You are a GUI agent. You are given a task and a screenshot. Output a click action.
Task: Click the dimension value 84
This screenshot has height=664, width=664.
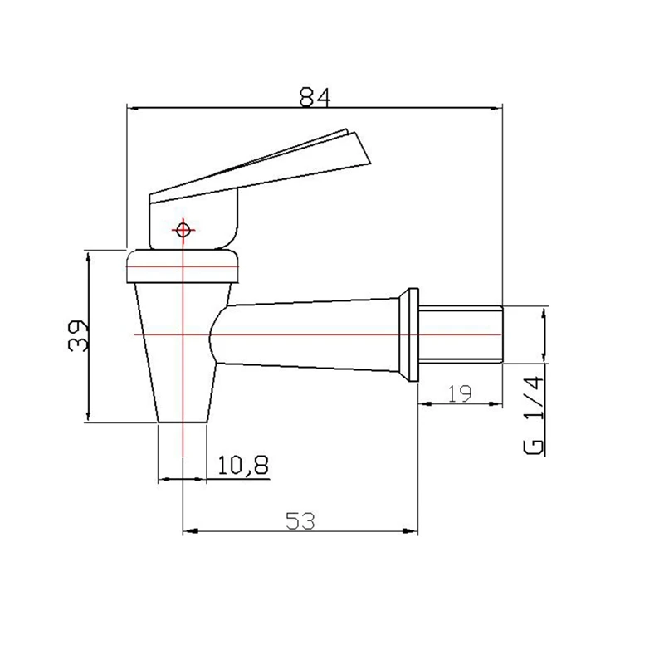point(315,97)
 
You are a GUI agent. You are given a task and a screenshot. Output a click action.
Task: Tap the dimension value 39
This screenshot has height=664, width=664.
point(78,335)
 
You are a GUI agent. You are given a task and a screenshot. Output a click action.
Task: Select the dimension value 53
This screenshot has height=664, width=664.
point(300,521)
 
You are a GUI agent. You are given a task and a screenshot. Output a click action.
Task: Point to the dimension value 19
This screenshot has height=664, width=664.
point(460,393)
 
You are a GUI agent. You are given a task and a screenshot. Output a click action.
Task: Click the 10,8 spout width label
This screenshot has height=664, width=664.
point(243,466)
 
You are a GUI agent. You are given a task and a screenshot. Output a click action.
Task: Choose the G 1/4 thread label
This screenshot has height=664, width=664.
point(534,416)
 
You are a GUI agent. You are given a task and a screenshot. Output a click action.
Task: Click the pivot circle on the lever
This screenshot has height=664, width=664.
point(183,231)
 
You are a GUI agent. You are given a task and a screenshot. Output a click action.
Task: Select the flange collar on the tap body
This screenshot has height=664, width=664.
point(409,335)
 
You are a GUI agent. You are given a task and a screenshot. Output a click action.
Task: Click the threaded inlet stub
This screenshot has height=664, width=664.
point(461,334)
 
